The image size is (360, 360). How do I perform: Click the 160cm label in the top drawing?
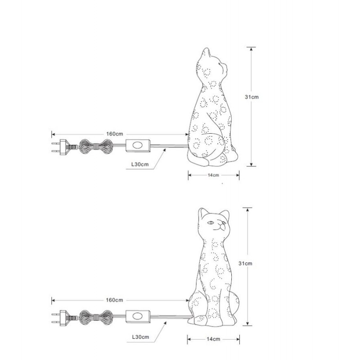[115, 134]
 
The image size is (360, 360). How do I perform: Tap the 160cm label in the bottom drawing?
[114, 300]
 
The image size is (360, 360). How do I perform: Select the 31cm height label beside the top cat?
[252, 97]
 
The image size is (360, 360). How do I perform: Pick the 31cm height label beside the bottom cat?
[245, 264]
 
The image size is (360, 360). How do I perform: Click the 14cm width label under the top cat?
[213, 175]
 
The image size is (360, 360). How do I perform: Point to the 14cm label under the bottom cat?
[213, 339]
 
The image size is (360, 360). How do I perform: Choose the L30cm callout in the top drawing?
[140, 164]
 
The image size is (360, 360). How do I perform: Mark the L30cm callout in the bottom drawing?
[140, 337]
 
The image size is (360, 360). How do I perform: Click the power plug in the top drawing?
[62, 147]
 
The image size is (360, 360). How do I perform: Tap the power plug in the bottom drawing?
[62, 318]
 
